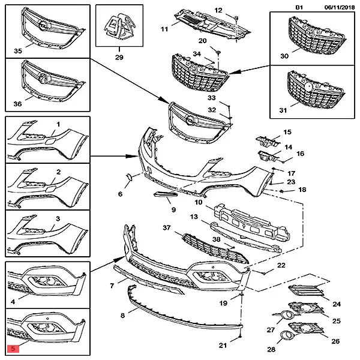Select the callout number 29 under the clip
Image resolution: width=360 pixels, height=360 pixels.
tap(119, 57)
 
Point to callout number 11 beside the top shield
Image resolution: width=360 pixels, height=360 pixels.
tap(164, 29)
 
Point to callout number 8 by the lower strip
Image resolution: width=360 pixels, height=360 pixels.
tap(122, 315)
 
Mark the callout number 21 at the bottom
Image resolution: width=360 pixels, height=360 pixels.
tap(223, 345)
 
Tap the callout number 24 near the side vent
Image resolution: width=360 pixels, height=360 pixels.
tap(336, 304)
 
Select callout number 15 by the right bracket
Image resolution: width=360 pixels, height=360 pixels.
tap(287, 133)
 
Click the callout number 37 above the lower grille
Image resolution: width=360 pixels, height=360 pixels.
tap(167, 229)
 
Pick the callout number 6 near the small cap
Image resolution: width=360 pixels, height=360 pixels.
tap(119, 194)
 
